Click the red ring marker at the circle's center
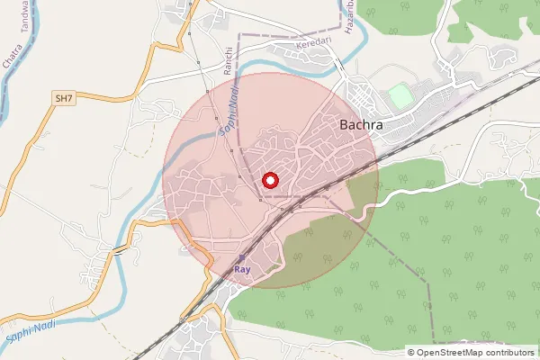pos(269,180)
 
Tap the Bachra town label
pos(362,126)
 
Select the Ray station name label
pos(240,269)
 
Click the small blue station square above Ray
pos(240,257)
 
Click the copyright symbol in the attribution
pos(411,353)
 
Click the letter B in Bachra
pos(346,126)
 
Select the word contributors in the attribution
pos(507,353)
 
